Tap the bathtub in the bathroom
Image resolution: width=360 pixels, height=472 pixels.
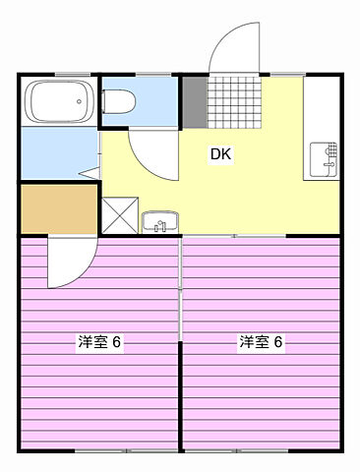pyautogui.click(x=60, y=100)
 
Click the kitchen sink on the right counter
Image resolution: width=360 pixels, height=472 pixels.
pyautogui.click(x=323, y=157)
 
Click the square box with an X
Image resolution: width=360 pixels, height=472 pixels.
pyautogui.click(x=117, y=213)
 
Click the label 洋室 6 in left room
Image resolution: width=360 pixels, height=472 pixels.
pyautogui.click(x=99, y=342)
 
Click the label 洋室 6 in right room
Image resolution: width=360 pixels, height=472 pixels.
pyautogui.click(x=261, y=342)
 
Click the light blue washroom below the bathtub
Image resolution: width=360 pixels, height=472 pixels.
pyautogui.click(x=57, y=152)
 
